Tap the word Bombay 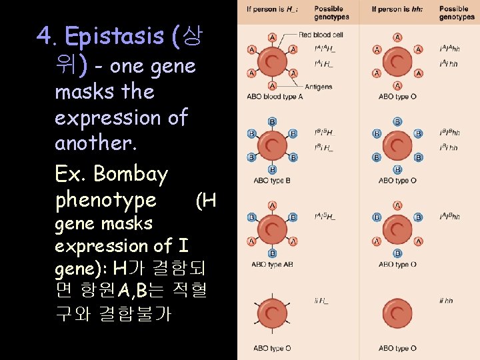tap(131, 174)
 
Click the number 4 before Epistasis tap(45, 36)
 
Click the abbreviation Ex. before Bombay tap(71, 174)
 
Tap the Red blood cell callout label tap(321, 34)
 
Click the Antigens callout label tap(319, 87)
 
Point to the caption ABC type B tap(270, 180)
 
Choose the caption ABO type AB tap(273, 264)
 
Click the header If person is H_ tap(272, 9)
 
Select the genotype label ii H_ tap(321, 301)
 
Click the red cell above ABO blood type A tap(272, 62)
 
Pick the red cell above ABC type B tap(272, 145)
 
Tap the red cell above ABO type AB tap(272, 229)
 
